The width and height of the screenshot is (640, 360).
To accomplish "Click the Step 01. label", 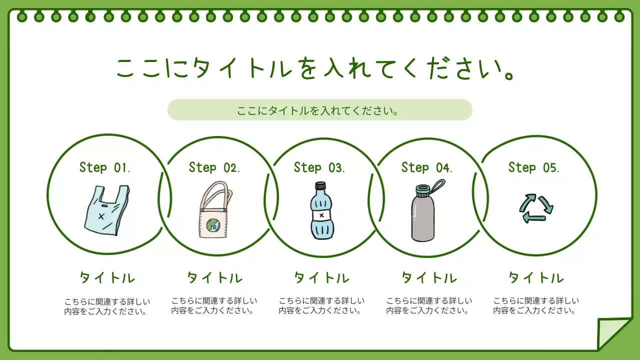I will point(105,167).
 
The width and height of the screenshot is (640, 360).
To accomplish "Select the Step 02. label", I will point(214,167).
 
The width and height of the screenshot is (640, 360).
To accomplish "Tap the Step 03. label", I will point(319,167).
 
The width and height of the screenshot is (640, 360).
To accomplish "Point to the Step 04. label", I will point(427,167).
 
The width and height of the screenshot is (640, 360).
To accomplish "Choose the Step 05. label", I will point(534,167).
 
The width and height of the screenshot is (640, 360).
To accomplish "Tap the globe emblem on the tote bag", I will point(214,226).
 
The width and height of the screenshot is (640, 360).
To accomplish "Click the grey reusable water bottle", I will point(423,217).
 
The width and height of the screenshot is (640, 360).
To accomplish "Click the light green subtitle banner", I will point(319,110).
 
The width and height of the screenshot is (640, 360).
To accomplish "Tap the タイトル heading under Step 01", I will point(107,278).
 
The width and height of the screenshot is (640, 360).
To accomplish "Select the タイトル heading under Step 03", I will point(321,278).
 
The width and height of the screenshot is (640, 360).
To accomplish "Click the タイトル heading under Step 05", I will point(536,278).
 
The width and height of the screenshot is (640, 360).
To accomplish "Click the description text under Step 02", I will point(214,306).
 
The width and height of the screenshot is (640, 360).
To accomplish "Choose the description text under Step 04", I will point(428,306).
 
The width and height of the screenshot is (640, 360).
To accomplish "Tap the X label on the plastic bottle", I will point(321,215).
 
